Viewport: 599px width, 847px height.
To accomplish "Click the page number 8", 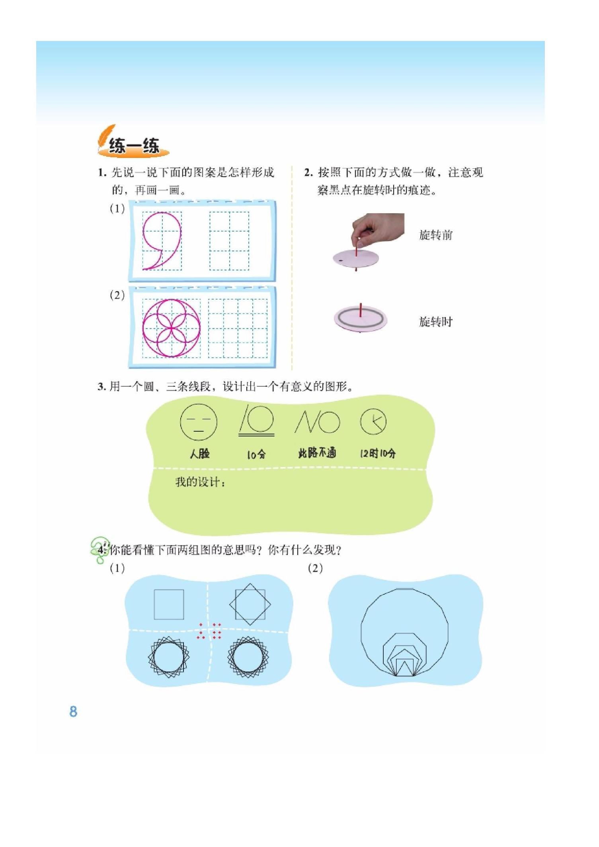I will coord(73,711).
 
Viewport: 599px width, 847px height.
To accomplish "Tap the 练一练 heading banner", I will coord(134,146).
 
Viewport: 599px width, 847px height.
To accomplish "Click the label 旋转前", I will coord(436,235).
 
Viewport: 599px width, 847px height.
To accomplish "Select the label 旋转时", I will coord(436,321).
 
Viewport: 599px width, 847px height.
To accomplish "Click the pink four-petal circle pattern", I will coord(171,328).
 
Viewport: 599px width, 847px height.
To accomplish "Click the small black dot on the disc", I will coord(340,261).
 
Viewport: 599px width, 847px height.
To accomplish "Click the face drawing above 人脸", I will coord(199,422).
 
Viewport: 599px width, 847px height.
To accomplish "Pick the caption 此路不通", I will coord(317,453).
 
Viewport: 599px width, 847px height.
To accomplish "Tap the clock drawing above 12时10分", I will coord(373,421).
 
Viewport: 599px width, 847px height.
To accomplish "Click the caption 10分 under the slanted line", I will coord(256,454).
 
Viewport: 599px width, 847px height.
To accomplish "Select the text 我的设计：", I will coord(200,482).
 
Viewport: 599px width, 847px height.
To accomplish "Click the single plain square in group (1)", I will coord(169,604).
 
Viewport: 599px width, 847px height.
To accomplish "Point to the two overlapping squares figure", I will coord(250,604).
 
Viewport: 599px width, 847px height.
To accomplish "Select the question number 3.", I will coord(101,387).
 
